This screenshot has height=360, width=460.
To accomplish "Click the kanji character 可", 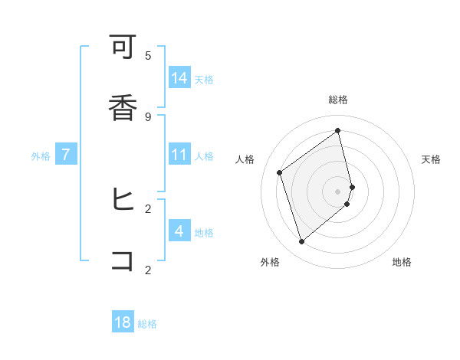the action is click(x=123, y=50).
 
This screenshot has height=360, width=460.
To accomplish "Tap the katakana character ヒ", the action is click(x=123, y=200).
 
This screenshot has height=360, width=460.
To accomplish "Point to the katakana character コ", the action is click(x=123, y=260).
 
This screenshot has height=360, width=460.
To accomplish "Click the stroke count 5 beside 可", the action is click(x=148, y=55).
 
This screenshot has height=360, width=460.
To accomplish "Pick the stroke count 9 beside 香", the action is click(x=148, y=116).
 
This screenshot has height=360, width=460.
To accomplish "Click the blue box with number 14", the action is click(x=179, y=77).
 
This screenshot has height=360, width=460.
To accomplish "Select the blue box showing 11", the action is click(x=179, y=154).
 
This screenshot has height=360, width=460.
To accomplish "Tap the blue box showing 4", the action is click(x=179, y=231).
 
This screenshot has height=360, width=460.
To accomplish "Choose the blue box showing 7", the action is click(x=66, y=154).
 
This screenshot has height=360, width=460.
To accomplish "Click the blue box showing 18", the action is click(x=123, y=322).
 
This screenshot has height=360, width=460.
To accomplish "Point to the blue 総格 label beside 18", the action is click(x=147, y=324).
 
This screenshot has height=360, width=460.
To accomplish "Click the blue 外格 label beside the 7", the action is click(x=41, y=156).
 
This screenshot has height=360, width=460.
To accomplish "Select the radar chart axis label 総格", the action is click(x=338, y=100).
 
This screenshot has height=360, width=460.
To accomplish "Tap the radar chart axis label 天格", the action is click(x=432, y=159).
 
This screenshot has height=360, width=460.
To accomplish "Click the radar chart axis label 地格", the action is click(x=402, y=262).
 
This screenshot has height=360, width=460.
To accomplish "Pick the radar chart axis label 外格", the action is click(x=270, y=262).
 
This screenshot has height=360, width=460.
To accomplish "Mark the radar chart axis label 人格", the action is click(x=245, y=159).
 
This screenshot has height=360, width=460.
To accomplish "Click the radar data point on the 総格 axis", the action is click(x=338, y=130).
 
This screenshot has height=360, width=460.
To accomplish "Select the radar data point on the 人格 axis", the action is click(x=280, y=172).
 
